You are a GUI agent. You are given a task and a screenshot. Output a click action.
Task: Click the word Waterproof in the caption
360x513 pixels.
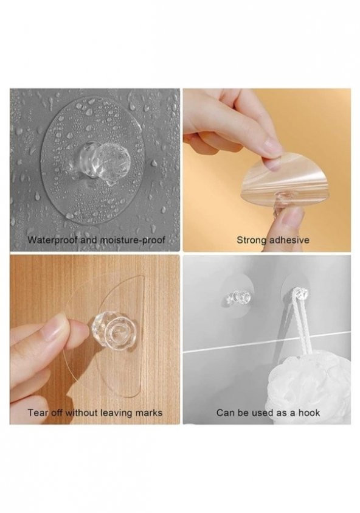pyautogui.click(x=52, y=240)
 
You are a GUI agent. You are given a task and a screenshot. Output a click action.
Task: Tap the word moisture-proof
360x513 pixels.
pyautogui.click(x=132, y=240)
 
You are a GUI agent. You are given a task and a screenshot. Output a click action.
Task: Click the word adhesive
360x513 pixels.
pyautogui.click(x=289, y=240)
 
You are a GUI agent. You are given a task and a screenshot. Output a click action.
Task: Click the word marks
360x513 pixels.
pyautogui.click(x=149, y=413)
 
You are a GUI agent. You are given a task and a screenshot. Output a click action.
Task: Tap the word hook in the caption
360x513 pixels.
pyautogui.click(x=309, y=413)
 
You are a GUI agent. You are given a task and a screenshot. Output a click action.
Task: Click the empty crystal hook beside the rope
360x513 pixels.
pyautogui.click(x=238, y=297)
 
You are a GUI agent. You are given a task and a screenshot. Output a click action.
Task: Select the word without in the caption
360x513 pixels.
pyautogui.click(x=81, y=413)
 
